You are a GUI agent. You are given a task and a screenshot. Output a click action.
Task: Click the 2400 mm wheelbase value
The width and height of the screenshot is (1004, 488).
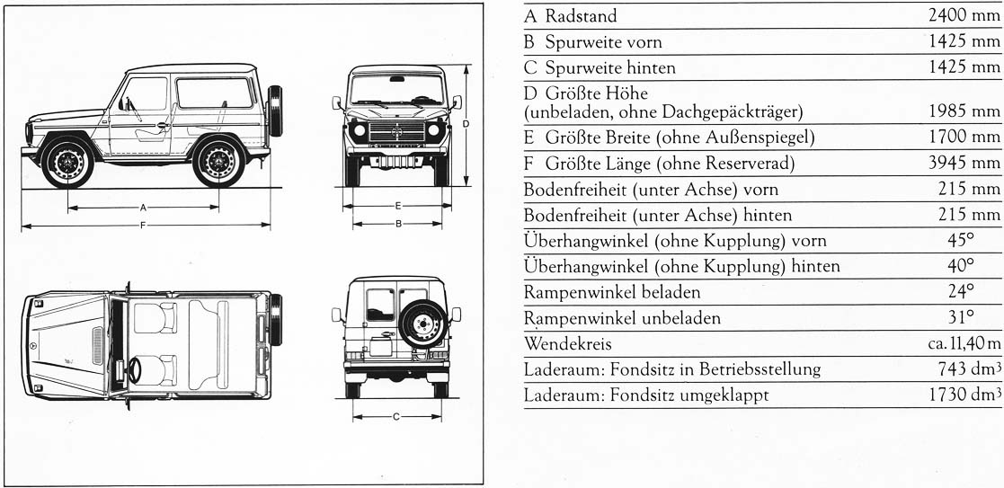click(964, 15)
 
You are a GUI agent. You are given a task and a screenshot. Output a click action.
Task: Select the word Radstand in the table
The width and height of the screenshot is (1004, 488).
click(581, 16)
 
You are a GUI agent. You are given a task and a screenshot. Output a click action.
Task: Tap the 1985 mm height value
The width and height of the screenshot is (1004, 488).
click(964, 111)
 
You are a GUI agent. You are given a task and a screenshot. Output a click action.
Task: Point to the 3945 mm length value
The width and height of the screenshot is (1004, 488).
click(964, 164)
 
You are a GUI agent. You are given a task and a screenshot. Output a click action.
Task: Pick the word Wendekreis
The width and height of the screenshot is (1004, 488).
click(567, 344)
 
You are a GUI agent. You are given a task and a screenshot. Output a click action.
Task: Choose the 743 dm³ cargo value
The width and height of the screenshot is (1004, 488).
click(970, 369)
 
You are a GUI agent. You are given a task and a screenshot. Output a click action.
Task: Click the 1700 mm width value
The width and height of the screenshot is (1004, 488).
click(964, 137)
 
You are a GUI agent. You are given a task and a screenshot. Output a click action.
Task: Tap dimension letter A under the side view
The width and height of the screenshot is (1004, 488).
click(144, 208)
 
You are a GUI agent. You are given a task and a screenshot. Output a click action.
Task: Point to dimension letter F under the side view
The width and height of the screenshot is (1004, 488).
click(142, 225)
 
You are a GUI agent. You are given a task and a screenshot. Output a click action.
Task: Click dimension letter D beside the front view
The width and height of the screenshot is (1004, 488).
click(466, 123)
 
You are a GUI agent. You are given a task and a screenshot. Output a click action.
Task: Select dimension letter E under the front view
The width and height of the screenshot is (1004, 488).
click(397, 206)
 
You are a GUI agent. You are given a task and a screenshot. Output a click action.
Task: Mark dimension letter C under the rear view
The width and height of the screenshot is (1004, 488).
click(396, 417)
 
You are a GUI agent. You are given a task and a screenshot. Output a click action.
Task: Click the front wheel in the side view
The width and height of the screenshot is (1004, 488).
click(67, 163)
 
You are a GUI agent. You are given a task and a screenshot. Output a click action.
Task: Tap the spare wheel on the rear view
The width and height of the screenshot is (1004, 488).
click(422, 324)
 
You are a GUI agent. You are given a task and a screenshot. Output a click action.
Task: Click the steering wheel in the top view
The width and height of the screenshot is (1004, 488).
click(135, 369)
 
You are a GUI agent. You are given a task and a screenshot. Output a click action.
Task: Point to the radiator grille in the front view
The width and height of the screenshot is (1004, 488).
click(397, 132)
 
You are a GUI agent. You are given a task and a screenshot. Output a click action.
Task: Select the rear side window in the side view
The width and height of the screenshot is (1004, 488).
click(215, 93)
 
